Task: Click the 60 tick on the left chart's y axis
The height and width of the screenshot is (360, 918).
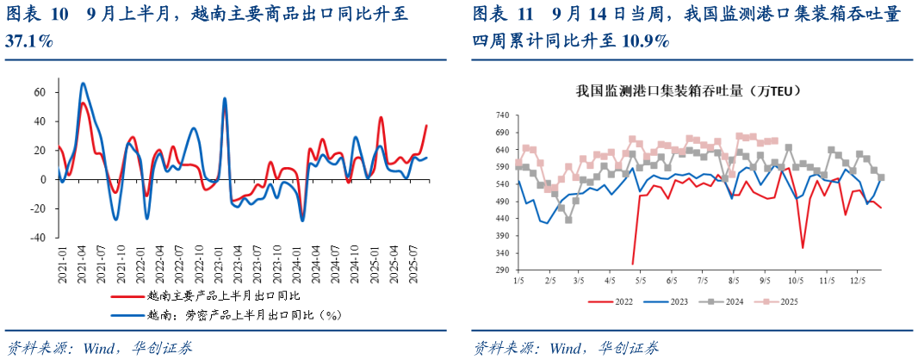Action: click(39, 92)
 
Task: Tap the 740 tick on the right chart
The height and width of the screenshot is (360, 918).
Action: click(502, 115)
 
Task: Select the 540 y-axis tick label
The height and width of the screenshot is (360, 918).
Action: click(502, 183)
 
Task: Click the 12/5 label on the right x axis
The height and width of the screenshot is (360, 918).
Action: click(856, 281)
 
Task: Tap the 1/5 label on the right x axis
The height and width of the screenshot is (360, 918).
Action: click(518, 281)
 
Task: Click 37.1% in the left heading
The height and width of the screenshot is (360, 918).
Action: click(28, 41)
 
